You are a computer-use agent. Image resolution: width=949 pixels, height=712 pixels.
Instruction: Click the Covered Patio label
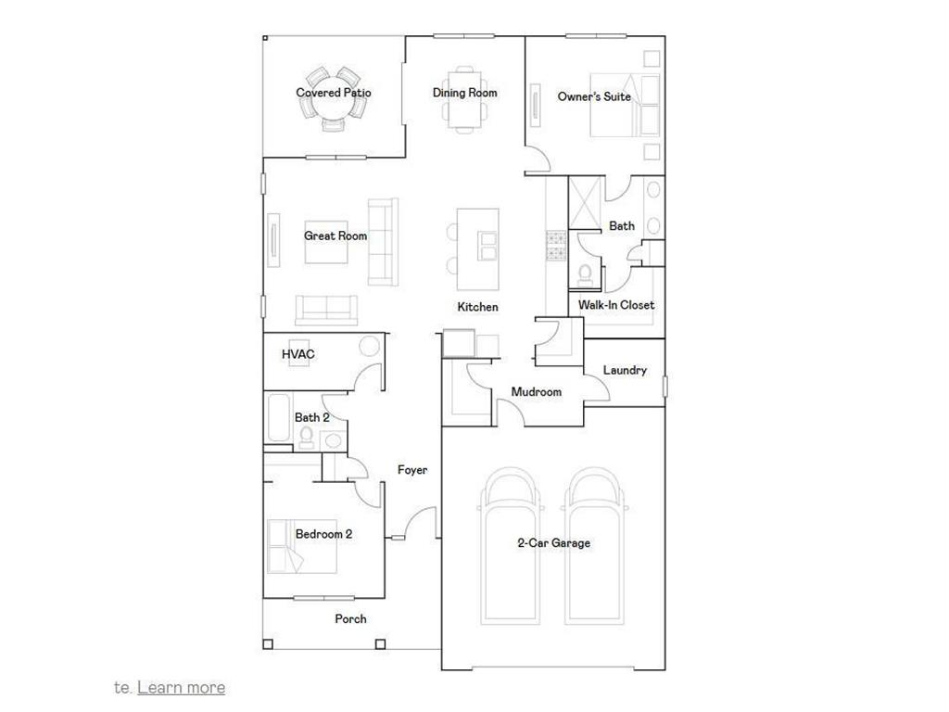(334, 93)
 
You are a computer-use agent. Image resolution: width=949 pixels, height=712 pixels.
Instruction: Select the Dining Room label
(464, 93)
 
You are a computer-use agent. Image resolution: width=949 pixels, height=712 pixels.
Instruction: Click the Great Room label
(335, 235)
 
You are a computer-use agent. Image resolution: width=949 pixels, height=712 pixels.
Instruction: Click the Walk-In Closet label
(616, 305)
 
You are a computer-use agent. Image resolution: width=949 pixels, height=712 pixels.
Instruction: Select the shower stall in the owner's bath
(586, 201)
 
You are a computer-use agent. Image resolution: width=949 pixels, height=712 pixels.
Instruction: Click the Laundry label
(625, 371)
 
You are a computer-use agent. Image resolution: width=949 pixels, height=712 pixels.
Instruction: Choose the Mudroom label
(537, 392)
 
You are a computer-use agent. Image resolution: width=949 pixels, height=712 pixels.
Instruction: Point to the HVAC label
(297, 354)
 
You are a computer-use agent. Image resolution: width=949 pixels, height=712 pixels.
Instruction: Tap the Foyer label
(412, 470)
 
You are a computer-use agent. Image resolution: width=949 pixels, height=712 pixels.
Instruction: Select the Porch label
(350, 618)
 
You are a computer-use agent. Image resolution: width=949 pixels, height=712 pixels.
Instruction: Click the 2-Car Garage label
(553, 543)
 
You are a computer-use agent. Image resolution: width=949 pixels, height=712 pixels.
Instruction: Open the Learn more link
(181, 687)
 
